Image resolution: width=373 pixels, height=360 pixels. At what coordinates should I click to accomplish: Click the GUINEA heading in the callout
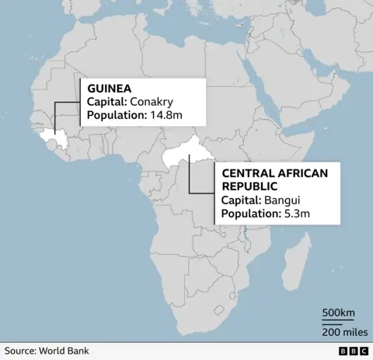point(110,88)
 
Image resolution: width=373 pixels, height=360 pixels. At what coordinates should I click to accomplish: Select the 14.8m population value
point(166,116)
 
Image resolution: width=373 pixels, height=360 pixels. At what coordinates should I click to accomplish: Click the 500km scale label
point(338,313)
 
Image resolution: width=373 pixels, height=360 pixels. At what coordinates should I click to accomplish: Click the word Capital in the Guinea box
point(106,102)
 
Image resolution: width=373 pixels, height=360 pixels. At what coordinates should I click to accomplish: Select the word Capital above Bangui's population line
point(241,200)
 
